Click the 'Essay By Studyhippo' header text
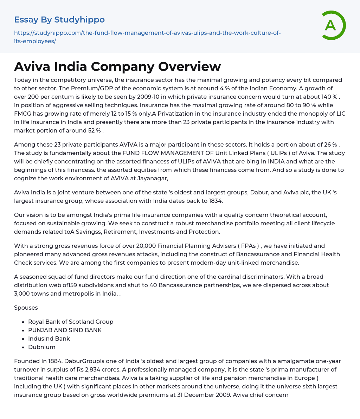59,19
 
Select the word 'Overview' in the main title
189,66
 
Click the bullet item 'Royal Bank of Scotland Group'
71,322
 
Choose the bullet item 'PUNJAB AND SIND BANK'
65,330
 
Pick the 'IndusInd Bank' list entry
49,339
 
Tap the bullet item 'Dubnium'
42,347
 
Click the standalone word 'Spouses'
26,308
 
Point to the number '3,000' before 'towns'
23,294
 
